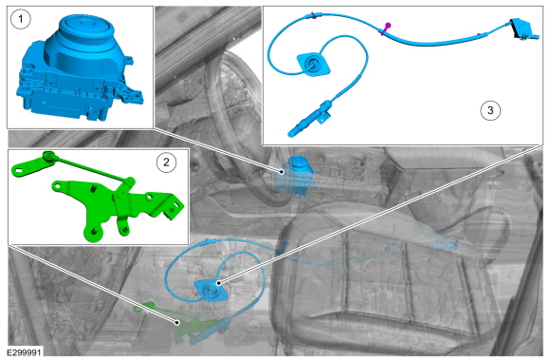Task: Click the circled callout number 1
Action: coord(21,19)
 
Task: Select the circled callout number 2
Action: coord(166,162)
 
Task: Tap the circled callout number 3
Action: coord(490,110)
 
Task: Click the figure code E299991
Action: coord(25,352)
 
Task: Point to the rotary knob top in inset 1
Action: coord(85,25)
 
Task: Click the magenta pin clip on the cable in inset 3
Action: coord(386,29)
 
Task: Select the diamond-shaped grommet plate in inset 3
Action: coord(313,64)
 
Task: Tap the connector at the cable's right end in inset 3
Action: coord(522,29)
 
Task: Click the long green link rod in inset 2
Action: coord(90,167)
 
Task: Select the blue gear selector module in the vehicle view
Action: coord(294,176)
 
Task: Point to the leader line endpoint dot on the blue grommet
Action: coord(218,283)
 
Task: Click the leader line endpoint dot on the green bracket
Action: coord(177,322)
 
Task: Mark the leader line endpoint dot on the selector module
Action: coord(282,172)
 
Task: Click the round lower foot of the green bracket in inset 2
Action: coord(94,233)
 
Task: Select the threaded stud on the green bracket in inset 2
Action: coord(94,188)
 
